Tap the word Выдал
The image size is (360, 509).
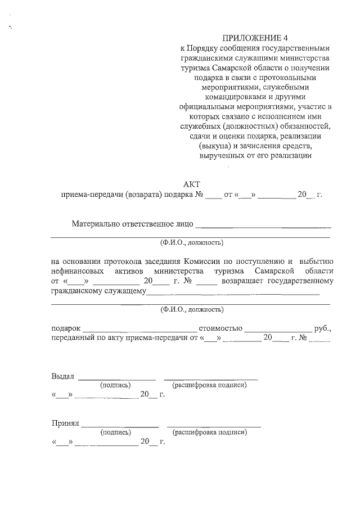pyautogui.click(x=62, y=376)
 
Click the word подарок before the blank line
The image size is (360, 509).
pyautogui.click(x=66, y=328)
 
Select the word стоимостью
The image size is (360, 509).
pyautogui.click(x=219, y=328)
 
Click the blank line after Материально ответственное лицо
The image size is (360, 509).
pyautogui.click(x=263, y=226)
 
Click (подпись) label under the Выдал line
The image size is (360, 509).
pyautogui.click(x=115, y=385)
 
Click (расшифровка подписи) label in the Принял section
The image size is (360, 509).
pyautogui.click(x=209, y=433)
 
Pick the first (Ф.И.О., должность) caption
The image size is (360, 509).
pyautogui.click(x=191, y=243)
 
